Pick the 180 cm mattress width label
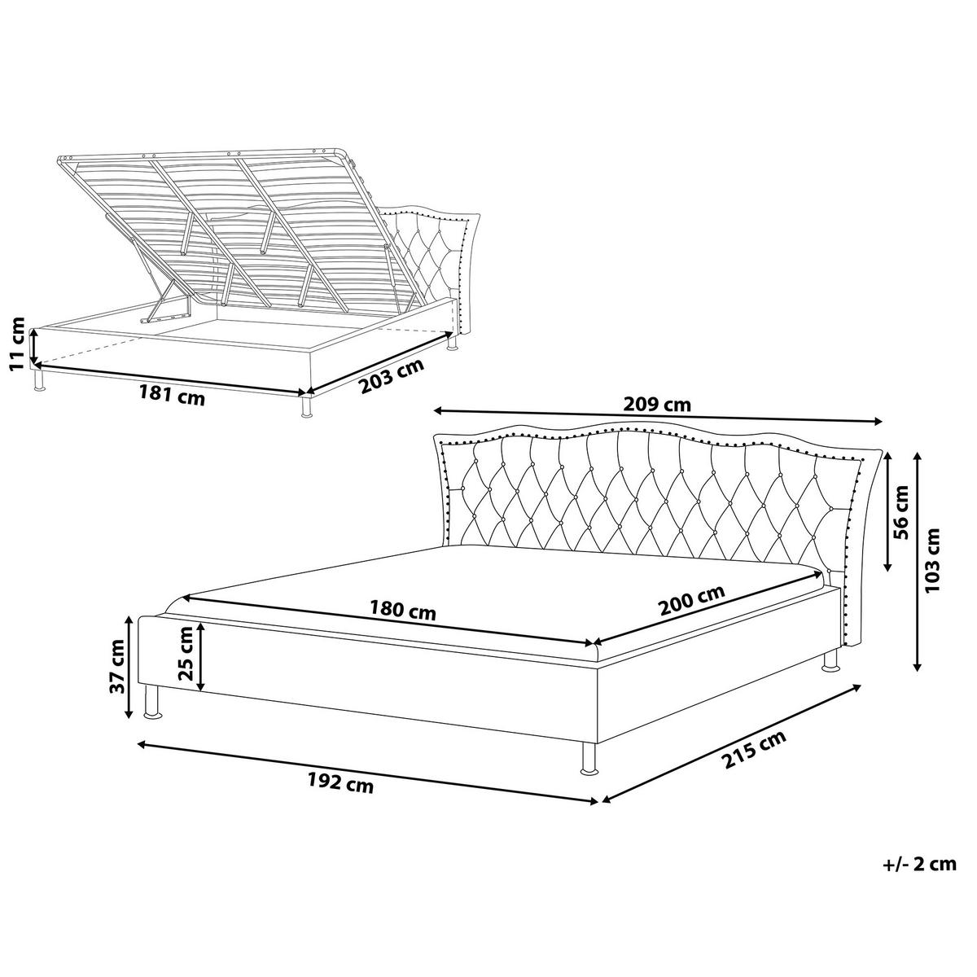(x=402, y=610)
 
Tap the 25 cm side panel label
(x=186, y=653)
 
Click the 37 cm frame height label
(x=117, y=667)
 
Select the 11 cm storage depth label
(x=17, y=344)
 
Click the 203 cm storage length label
(x=392, y=375)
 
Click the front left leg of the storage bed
(x=38, y=379)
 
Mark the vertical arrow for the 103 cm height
(x=916, y=562)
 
